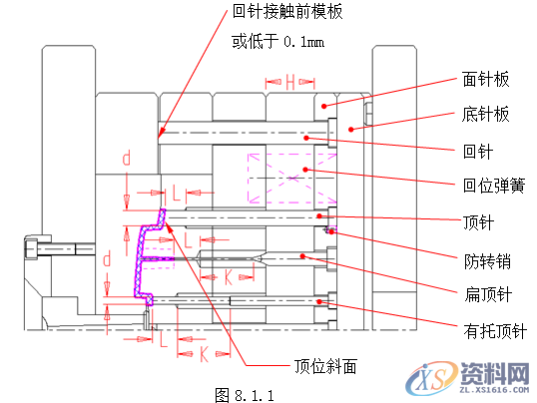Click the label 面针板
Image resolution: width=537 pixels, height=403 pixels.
coord(486,78)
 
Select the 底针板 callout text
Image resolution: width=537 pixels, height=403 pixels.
coord(486,115)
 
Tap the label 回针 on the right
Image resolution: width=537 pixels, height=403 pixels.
coord(478,152)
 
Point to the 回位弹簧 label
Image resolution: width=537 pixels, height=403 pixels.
coord(492,186)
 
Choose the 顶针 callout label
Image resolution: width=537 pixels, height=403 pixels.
coord(478,221)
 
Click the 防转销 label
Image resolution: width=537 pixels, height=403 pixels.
coord(486,261)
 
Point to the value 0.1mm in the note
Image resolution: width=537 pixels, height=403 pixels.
coord(303,43)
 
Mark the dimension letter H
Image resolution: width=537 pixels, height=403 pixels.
coord(289,81)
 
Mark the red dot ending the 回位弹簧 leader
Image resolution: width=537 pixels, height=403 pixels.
coord(307,170)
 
